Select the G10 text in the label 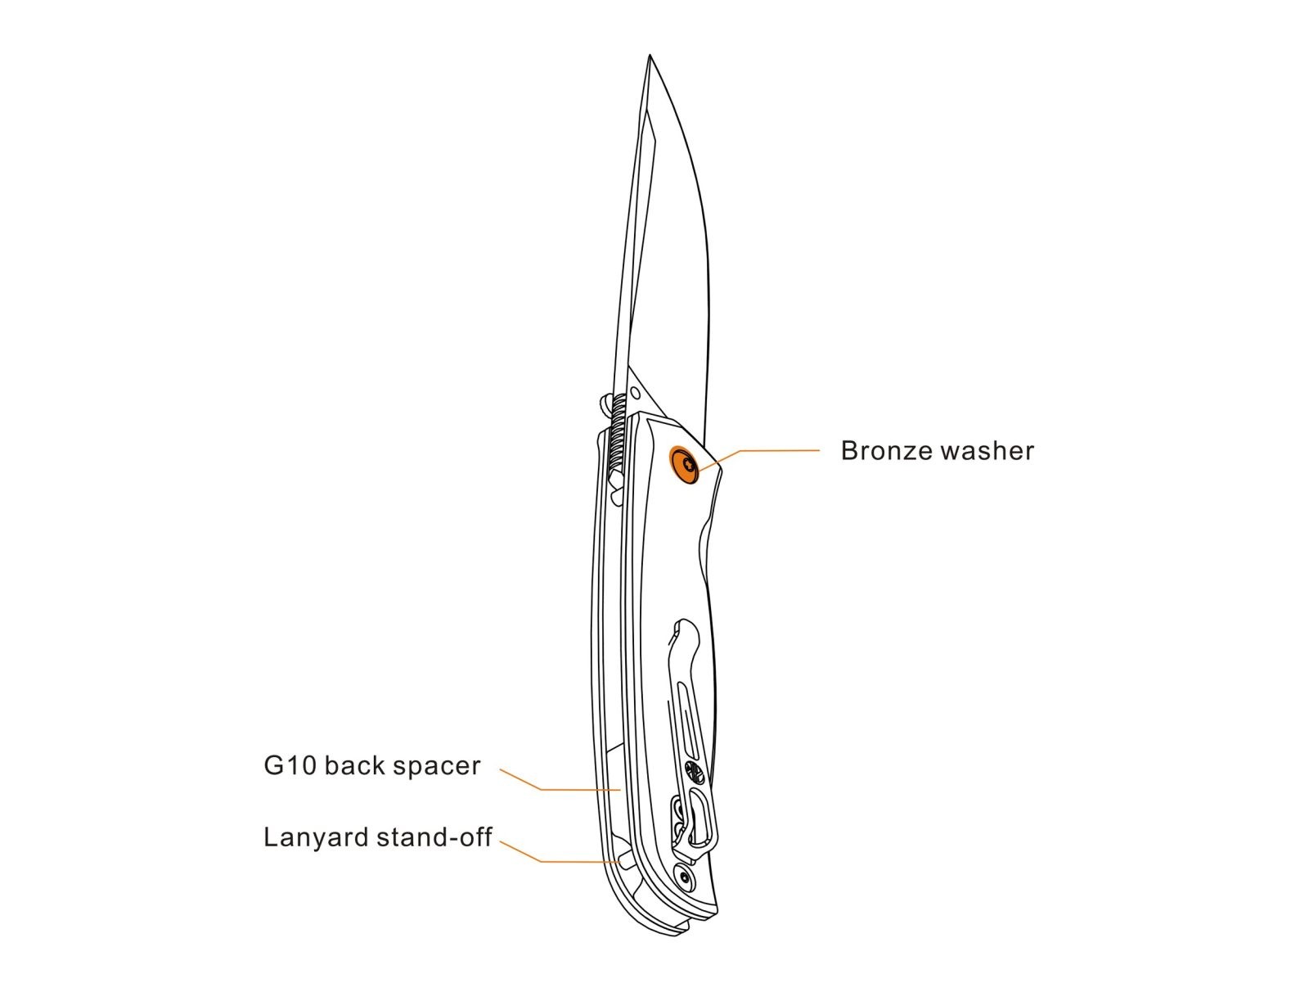290,766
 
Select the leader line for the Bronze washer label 769,450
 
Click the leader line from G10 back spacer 573,789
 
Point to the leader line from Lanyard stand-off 573,861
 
